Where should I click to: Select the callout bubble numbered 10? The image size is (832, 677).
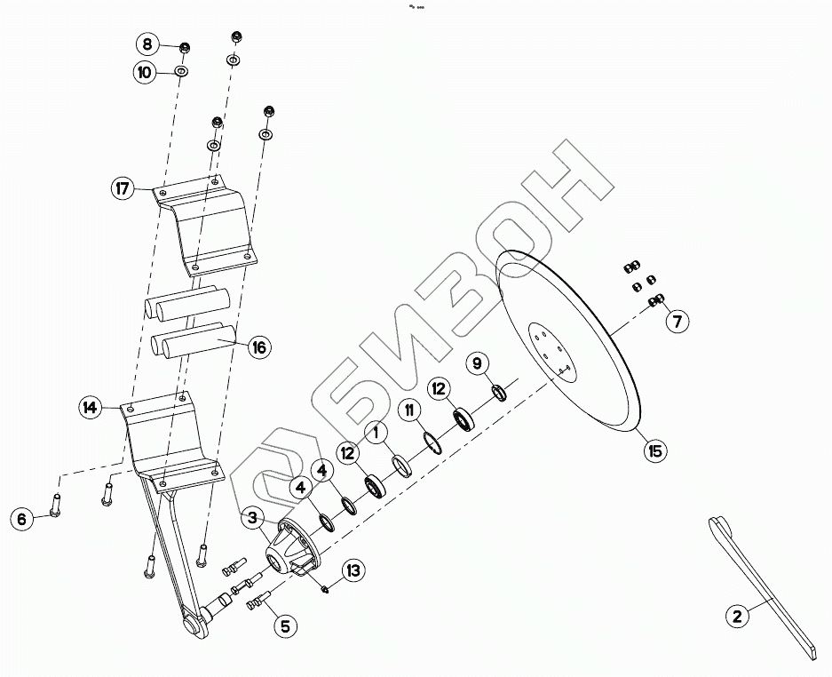pyautogui.click(x=145, y=72)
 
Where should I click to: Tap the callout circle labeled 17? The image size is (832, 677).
pyautogui.click(x=123, y=188)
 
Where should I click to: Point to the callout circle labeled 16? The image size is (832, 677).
pyautogui.click(x=258, y=346)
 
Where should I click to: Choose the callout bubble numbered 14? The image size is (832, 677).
pyautogui.click(x=90, y=408)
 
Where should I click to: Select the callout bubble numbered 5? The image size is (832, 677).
pyautogui.click(x=284, y=625)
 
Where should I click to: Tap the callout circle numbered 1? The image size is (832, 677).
pyautogui.click(x=376, y=433)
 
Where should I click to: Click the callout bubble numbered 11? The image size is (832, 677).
pyautogui.click(x=409, y=410)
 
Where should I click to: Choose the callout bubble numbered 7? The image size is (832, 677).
pyautogui.click(x=677, y=322)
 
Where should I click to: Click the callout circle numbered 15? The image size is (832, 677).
pyautogui.click(x=654, y=451)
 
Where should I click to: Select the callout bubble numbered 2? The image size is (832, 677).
pyautogui.click(x=736, y=616)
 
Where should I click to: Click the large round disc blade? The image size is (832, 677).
pyautogui.click(x=586, y=355)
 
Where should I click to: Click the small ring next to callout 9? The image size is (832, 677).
pyautogui.click(x=500, y=391)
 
